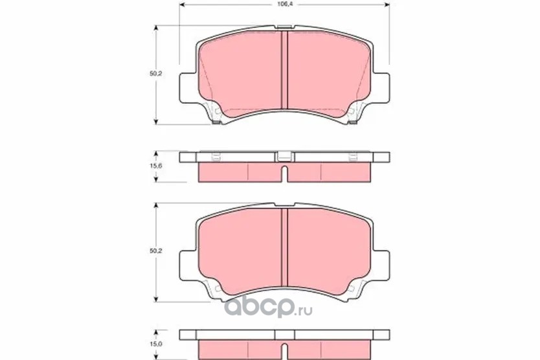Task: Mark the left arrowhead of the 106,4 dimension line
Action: [183, 5]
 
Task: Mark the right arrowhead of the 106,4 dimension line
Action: [387, 5]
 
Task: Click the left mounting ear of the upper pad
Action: [188, 87]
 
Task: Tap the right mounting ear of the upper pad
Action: [381, 87]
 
